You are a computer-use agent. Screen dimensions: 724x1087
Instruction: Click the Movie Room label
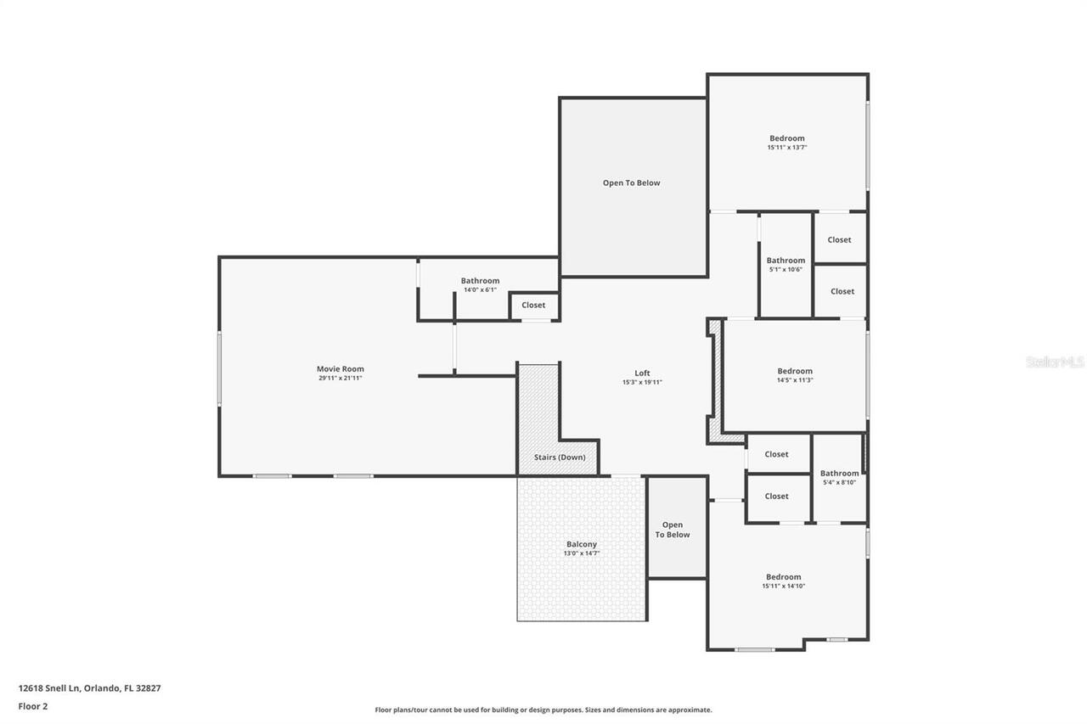[340, 368]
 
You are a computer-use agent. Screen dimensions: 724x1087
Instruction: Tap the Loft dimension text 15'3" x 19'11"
[642, 383]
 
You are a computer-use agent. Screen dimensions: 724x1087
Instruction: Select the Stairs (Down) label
[559, 457]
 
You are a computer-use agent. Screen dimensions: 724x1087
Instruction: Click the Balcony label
[582, 544]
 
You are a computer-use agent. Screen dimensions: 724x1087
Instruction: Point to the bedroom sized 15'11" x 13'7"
[787, 142]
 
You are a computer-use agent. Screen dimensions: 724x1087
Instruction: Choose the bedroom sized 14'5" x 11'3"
[795, 375]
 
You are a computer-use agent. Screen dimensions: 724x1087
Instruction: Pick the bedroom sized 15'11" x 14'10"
[783, 581]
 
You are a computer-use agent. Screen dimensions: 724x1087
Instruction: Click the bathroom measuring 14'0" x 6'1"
[480, 284]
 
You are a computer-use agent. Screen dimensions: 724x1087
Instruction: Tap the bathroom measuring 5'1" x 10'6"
[786, 264]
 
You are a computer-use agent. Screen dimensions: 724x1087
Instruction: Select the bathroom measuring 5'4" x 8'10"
[839, 477]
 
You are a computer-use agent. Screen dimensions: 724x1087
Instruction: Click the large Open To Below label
[631, 182]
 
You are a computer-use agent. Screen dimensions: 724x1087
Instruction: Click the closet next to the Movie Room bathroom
[533, 305]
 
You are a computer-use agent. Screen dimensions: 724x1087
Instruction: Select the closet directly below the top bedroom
[839, 239]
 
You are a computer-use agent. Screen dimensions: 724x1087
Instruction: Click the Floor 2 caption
[33, 706]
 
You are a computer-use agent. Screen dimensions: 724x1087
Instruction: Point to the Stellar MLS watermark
[1055, 362]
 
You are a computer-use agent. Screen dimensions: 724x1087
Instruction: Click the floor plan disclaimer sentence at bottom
[543, 710]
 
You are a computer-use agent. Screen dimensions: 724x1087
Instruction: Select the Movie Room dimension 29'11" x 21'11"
[340, 378]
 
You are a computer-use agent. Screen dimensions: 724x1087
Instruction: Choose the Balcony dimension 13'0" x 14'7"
[582, 553]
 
